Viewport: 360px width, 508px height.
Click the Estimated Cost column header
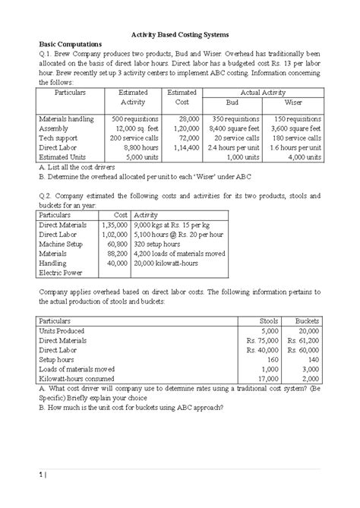[x=182, y=96]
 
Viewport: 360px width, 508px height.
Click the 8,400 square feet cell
[x=238, y=128]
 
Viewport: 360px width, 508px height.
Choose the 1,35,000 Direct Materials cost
[x=111, y=226]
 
